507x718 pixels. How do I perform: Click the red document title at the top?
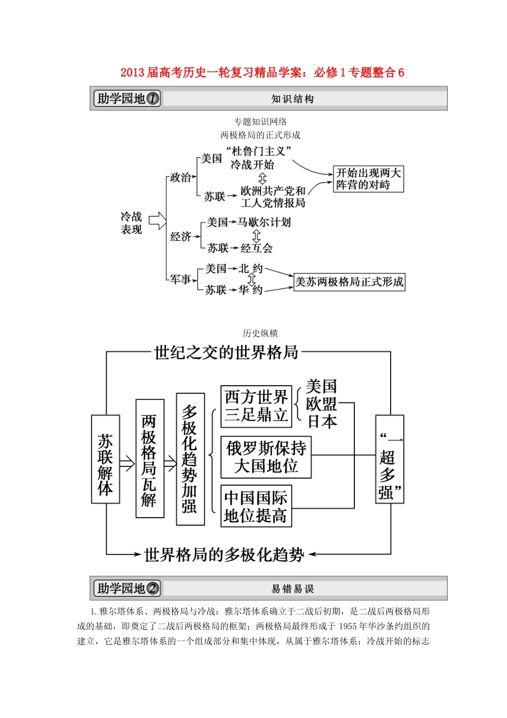coord(262,73)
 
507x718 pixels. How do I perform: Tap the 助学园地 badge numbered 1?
coord(127,98)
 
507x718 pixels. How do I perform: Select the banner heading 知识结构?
coord(292,99)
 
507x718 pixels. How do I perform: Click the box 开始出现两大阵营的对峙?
coord(368,179)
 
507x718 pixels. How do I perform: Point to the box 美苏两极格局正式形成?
coord(350,282)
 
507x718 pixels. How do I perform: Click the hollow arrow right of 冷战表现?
coord(157,221)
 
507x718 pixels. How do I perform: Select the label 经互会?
coord(257,248)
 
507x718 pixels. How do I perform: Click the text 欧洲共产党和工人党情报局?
coord(273,197)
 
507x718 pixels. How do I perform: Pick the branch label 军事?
coord(180,279)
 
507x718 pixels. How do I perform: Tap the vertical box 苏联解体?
coord(106,459)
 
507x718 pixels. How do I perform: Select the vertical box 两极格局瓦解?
coord(149,459)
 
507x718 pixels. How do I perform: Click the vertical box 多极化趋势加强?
coord(190,459)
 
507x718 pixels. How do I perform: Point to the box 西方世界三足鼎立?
coord(256,406)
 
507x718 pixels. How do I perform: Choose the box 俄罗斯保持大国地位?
coord(266,457)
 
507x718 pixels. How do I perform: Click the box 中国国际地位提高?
coord(256,506)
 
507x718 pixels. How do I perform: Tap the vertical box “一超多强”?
coord(390,459)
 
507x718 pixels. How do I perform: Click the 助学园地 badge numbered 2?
coord(127,588)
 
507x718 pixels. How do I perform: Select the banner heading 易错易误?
coord(292,589)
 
